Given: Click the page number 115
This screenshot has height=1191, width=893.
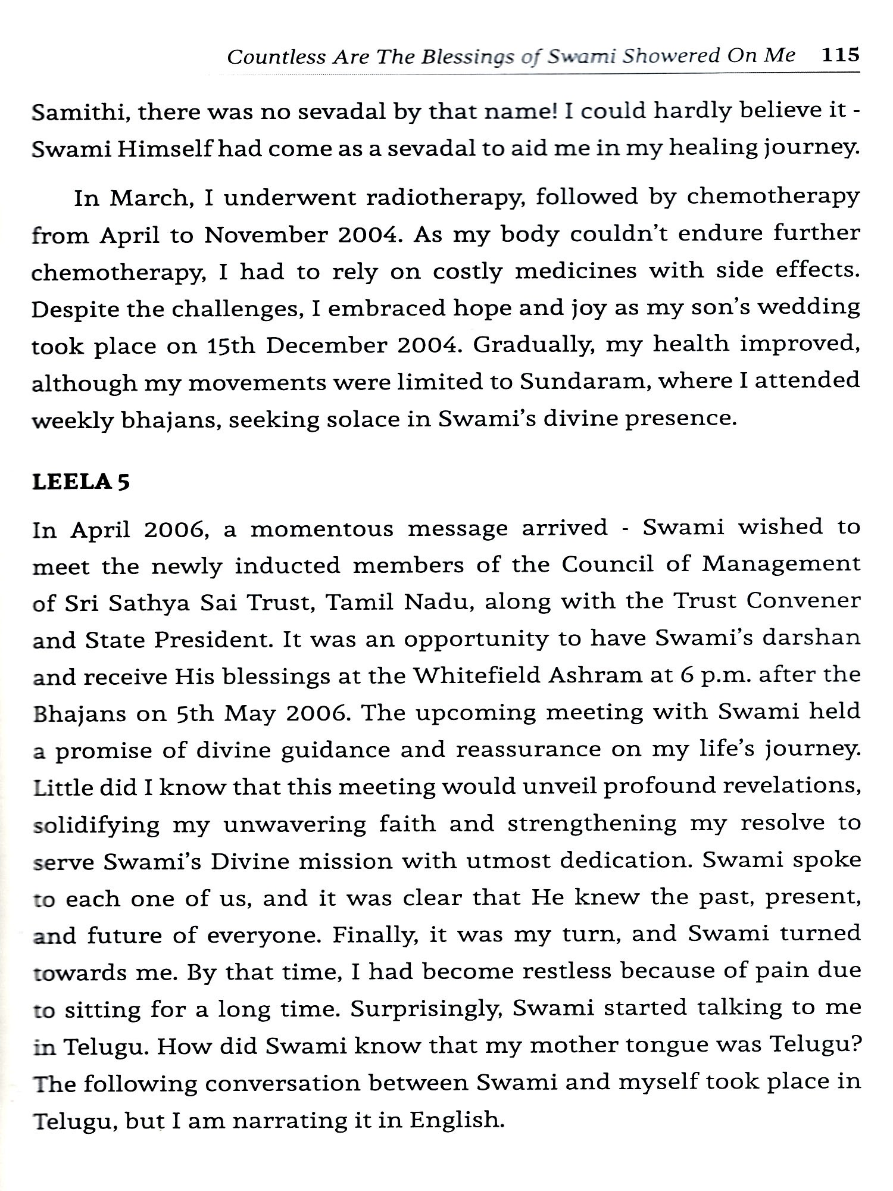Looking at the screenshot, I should click(x=841, y=55).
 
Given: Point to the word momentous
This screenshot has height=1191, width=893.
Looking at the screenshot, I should click(x=321, y=528).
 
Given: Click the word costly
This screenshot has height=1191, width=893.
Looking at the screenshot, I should click(x=467, y=272).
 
